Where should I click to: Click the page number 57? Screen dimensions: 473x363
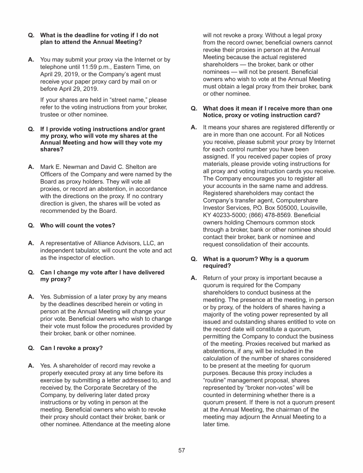point(181,450)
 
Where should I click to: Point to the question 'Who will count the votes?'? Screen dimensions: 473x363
point(78,225)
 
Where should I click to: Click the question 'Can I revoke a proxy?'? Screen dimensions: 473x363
point(71,348)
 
